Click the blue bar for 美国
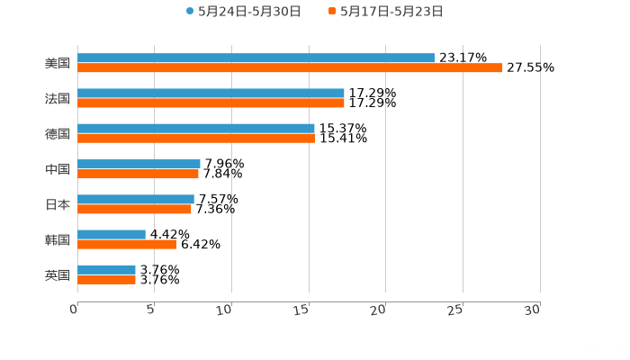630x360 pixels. click(x=256, y=58)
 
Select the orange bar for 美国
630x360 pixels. click(x=290, y=67)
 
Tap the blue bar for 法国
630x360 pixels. click(x=211, y=93)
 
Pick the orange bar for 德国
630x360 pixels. click(x=196, y=139)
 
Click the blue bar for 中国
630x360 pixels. click(x=139, y=164)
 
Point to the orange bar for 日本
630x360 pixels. click(x=134, y=210)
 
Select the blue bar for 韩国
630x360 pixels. click(x=112, y=234)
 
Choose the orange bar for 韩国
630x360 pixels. click(x=127, y=244)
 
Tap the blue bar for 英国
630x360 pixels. click(x=106, y=269)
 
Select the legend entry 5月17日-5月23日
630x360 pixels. click(x=391, y=12)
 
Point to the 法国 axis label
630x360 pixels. click(x=58, y=98)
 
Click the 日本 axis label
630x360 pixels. click(x=58, y=204)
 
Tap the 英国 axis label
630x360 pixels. click(x=58, y=274)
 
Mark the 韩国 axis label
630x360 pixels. click(x=58, y=239)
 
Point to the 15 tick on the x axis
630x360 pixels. click(x=306, y=310)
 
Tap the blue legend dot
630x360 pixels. click(x=190, y=12)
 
